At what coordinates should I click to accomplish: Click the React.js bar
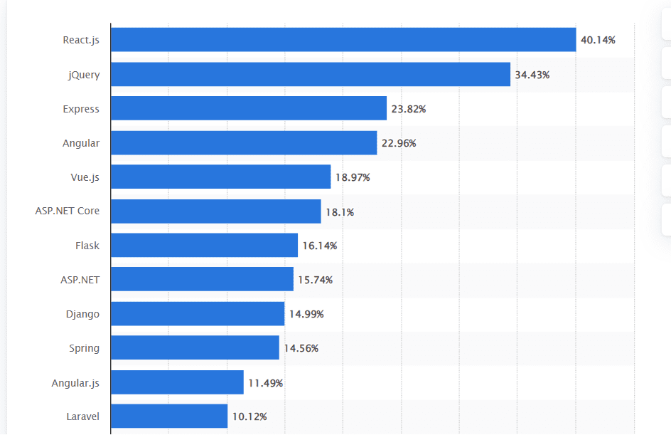tap(343, 40)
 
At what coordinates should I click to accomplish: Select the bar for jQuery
tap(311, 74)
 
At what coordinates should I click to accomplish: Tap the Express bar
tap(249, 108)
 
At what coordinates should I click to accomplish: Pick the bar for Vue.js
tap(221, 177)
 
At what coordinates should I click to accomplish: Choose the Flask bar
tap(205, 246)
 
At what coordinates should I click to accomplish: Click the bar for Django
tap(198, 314)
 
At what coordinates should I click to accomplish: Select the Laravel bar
tap(169, 417)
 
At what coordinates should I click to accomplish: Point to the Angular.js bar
tap(177, 382)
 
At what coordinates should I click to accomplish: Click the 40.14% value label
tap(598, 40)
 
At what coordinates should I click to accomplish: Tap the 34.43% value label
tap(532, 74)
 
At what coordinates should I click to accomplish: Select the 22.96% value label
tap(399, 143)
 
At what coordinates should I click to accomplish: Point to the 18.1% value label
tap(340, 211)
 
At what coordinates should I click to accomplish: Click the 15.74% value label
tap(315, 280)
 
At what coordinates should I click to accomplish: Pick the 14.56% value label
tap(301, 348)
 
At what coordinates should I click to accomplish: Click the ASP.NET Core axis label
tap(68, 211)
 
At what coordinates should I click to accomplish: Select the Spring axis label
tap(84, 348)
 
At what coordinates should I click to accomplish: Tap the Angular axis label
tap(81, 143)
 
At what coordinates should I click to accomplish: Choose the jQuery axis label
tap(84, 75)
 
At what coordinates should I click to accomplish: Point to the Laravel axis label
tap(82, 417)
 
